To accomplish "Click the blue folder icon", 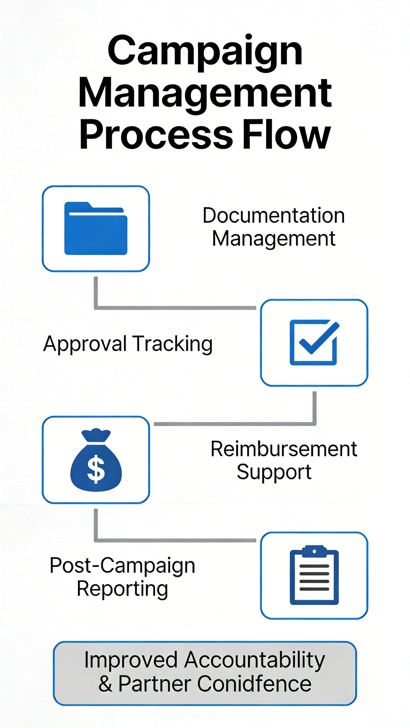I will pyautogui.click(x=96, y=228).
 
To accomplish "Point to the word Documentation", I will pyautogui.click(x=274, y=215).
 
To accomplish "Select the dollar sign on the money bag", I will pyautogui.click(x=96, y=469).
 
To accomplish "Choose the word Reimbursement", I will pyautogui.click(x=284, y=449).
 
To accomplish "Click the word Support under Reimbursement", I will pyautogui.click(x=274, y=472).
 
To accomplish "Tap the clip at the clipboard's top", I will pyautogui.click(x=314, y=551).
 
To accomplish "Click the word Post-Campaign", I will pyautogui.click(x=122, y=565).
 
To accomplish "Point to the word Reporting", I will pyautogui.click(x=122, y=589).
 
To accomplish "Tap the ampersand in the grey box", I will pyautogui.click(x=105, y=684).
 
